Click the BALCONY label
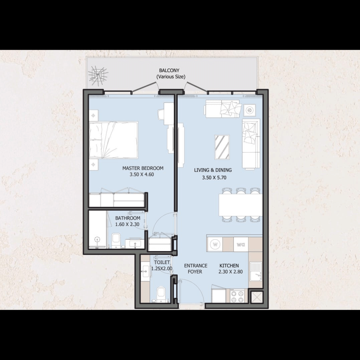point(169,70)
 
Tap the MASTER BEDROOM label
point(143,168)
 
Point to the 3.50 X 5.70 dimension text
point(214,177)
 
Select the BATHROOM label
point(128,218)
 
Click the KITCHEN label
point(229,266)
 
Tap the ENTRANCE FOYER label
point(196,269)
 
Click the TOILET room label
point(162,262)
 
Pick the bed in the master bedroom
point(113,140)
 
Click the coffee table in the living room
point(222,147)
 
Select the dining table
point(240,205)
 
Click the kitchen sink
point(256,271)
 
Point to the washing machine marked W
point(215,244)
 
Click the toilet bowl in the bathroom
point(116,240)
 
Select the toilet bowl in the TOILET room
point(161,294)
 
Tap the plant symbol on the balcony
point(98,75)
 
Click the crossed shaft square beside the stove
point(256,297)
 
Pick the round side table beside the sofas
point(250,110)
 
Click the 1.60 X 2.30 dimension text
point(127,224)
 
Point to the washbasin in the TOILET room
point(145,271)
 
